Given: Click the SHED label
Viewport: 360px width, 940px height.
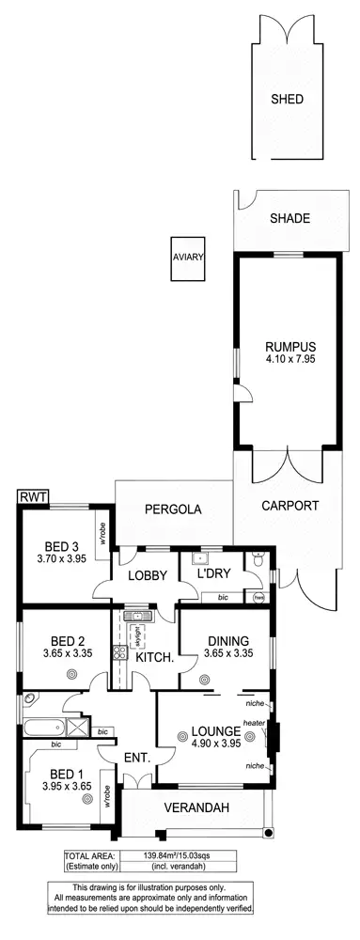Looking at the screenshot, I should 288,99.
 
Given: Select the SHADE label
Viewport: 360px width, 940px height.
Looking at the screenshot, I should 290,219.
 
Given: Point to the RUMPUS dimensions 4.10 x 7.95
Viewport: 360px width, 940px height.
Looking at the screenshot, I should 290,358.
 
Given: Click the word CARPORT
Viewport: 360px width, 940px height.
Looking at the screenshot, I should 290,505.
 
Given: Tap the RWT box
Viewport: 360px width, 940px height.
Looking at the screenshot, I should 33,496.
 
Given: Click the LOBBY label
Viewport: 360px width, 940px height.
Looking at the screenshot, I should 147,575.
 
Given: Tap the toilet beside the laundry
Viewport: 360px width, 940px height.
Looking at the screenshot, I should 258,562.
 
